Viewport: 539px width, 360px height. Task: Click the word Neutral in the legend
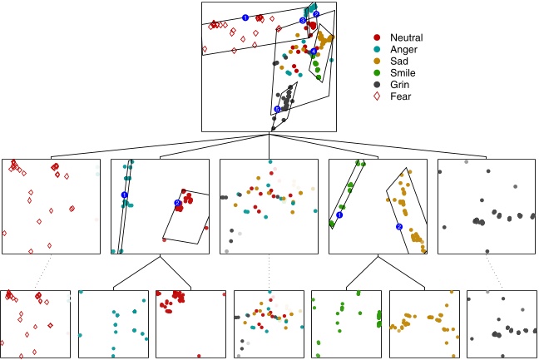(407, 37)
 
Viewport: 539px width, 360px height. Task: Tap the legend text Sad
(399, 61)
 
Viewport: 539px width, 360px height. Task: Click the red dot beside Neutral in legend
(378, 37)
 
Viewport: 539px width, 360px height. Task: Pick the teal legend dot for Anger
(378, 49)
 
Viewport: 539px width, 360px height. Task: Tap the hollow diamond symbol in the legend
(378, 96)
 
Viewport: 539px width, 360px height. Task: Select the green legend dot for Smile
(378, 72)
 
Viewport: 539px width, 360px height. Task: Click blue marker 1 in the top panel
(245, 17)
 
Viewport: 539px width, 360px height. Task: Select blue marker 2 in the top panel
(316, 15)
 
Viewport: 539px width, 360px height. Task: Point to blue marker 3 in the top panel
(303, 21)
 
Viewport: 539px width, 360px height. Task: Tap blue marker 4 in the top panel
(314, 52)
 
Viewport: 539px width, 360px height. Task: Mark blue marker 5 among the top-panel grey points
(277, 109)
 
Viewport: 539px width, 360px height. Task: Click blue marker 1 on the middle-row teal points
(124, 195)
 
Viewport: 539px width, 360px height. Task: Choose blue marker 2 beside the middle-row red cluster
(177, 203)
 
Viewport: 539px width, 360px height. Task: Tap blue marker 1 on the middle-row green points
(339, 215)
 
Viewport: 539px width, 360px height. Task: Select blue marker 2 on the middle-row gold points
(398, 226)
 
